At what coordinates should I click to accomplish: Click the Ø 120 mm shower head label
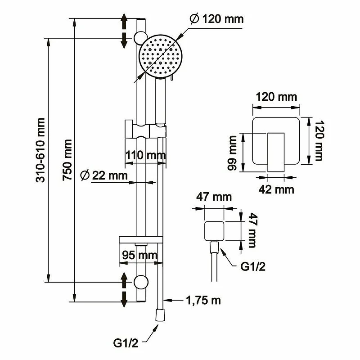pos(216,19)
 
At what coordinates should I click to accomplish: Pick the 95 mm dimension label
pos(139,255)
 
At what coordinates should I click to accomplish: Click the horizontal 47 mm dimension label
pos(214,197)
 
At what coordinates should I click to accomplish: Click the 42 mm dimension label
pos(278,189)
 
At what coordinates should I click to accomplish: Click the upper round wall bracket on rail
pos(139,37)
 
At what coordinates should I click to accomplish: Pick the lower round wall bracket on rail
pos(141,282)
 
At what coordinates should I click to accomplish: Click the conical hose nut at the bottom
pos(159,315)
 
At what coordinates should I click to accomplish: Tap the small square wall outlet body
pos(214,231)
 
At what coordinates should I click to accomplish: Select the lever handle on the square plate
pos(276,152)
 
